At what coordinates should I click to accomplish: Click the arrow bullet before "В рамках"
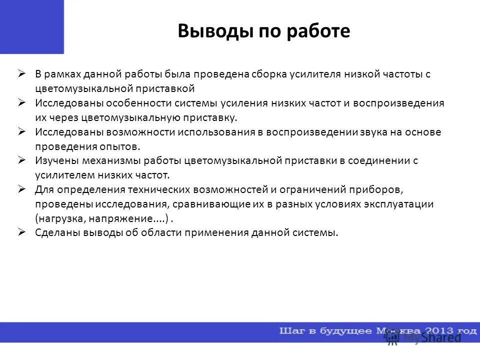click(22, 73)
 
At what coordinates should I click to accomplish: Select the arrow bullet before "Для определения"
click(22, 189)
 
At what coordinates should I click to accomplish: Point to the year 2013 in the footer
click(436, 331)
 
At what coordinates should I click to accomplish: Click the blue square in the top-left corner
click(31, 26)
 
